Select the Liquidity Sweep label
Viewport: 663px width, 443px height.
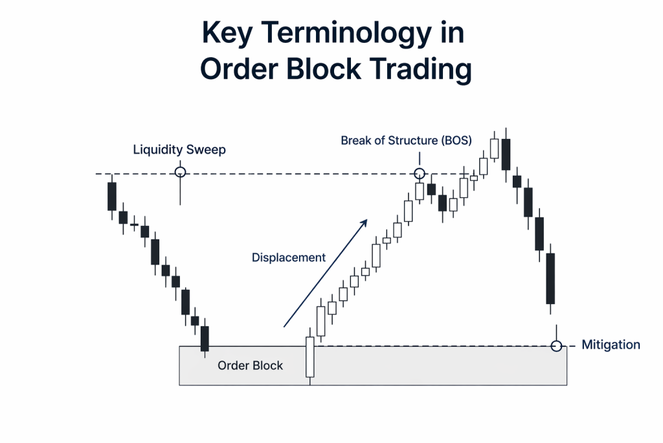[x=179, y=150]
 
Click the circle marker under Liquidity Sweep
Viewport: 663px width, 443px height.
[x=180, y=172]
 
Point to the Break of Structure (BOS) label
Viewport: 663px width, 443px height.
[x=406, y=140]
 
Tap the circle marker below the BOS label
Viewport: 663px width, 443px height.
[x=420, y=173]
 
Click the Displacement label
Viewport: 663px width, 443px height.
[x=288, y=257]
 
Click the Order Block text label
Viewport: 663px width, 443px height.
[x=250, y=366]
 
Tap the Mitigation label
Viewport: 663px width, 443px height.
[x=611, y=345]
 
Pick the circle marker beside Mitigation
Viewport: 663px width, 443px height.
[x=556, y=346]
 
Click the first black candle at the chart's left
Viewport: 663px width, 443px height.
[x=112, y=196]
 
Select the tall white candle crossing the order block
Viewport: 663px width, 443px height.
[x=310, y=357]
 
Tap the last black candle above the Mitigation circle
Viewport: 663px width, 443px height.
[x=551, y=279]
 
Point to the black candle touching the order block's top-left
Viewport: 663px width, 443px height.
[x=205, y=339]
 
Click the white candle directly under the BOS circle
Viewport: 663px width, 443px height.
[x=420, y=191]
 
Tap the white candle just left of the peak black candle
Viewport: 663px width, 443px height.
[x=495, y=149]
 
